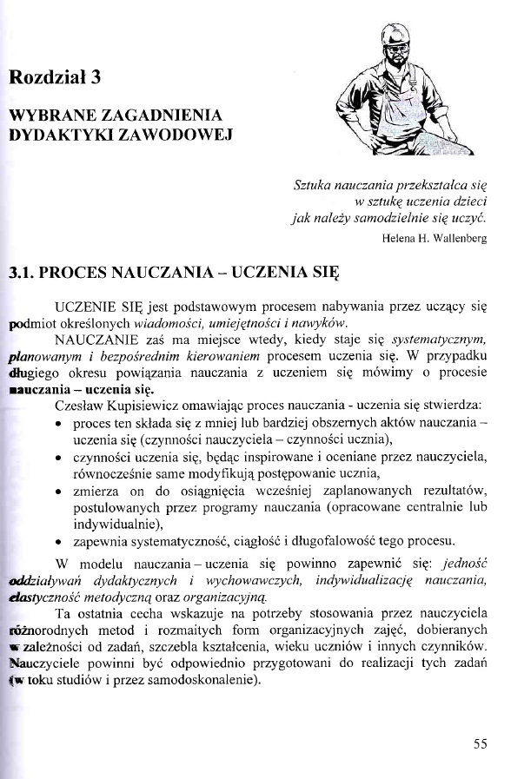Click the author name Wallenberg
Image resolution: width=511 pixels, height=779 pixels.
pyautogui.click(x=455, y=234)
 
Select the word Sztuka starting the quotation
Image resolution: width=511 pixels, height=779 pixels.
pyautogui.click(x=315, y=185)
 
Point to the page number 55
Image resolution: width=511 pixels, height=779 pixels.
pyautogui.click(x=481, y=743)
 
